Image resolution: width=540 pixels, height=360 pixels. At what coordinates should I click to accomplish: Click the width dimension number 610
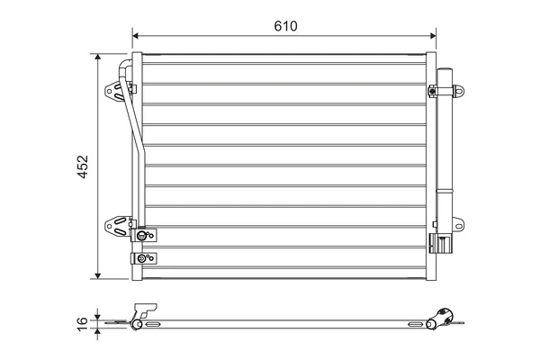coord(285,25)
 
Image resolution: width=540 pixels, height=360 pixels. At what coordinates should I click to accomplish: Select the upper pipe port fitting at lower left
coord(142,236)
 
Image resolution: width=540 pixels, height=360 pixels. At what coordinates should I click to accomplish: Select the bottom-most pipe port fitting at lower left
coord(142,259)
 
